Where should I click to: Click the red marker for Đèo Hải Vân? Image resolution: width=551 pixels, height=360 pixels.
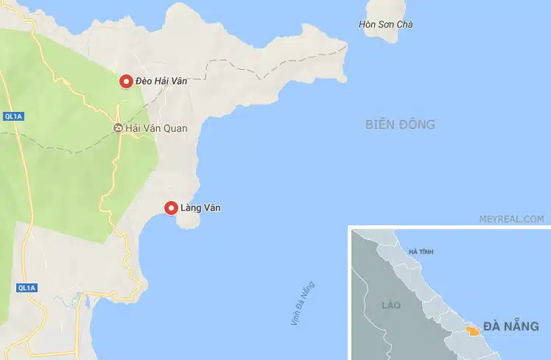pyautogui.click(x=126, y=82)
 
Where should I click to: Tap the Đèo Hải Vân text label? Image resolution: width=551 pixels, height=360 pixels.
pyautogui.click(x=161, y=82)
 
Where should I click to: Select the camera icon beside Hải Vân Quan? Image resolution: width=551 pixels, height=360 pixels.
pyautogui.click(x=118, y=128)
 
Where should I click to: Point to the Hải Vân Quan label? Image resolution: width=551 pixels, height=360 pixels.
pyautogui.click(x=156, y=128)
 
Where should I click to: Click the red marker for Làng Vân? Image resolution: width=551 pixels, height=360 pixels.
pyautogui.click(x=171, y=208)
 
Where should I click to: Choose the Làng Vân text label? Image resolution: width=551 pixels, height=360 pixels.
pyautogui.click(x=200, y=208)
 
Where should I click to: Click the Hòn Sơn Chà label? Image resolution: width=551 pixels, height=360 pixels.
pyautogui.click(x=385, y=24)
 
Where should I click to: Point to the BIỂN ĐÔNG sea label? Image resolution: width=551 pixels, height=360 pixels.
pyautogui.click(x=400, y=124)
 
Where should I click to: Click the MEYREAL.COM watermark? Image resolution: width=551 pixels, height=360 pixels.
pyautogui.click(x=510, y=219)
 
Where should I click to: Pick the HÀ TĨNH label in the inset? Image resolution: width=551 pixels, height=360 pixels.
pyautogui.click(x=421, y=252)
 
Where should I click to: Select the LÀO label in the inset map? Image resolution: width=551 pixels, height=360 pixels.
pyautogui.click(x=390, y=304)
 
